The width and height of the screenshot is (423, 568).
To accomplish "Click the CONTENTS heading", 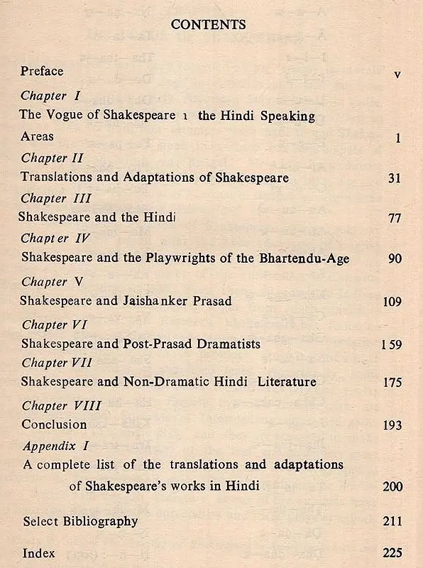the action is tap(209, 25).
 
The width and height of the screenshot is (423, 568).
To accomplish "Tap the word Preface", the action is tap(42, 71).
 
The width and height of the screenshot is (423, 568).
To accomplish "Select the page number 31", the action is tap(395, 178).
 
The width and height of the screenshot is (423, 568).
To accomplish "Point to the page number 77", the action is tap(395, 219).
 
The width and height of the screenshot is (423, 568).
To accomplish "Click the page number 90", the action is tap(395, 259).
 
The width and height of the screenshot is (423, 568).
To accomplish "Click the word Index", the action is tap(38, 552).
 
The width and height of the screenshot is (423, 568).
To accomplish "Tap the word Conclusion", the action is tap(54, 425).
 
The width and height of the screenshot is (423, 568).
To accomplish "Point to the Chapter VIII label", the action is tap(61, 406).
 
